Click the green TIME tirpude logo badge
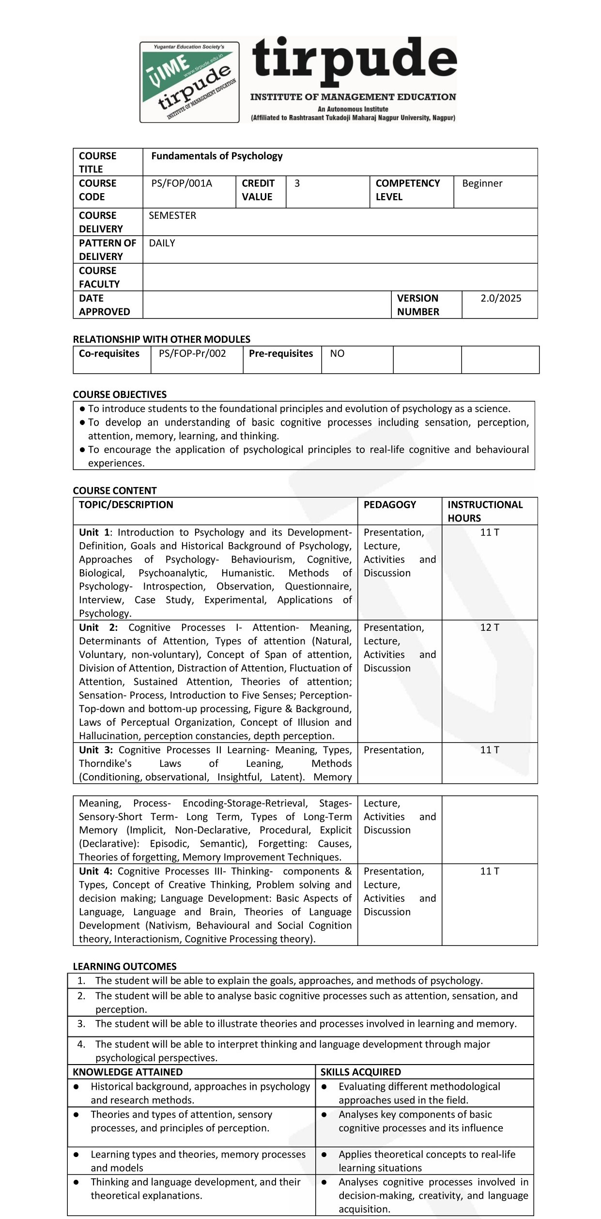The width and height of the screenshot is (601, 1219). (x=189, y=82)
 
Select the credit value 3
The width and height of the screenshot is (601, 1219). (x=297, y=183)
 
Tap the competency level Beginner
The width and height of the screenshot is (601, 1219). (x=482, y=183)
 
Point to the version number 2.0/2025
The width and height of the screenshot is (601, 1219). (x=500, y=298)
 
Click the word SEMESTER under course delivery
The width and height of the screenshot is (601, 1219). (x=172, y=215)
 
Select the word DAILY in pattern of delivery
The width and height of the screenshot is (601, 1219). (x=162, y=243)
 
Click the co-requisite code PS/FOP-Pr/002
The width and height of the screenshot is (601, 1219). (x=192, y=353)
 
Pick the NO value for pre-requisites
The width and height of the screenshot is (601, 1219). (x=337, y=353)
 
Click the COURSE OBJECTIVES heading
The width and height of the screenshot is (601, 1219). (x=120, y=394)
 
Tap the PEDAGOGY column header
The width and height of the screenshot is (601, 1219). (x=389, y=504)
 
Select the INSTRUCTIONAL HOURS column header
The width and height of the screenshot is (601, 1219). (x=484, y=511)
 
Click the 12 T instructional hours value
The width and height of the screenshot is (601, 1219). (x=489, y=627)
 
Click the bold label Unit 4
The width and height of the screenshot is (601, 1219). (x=95, y=871)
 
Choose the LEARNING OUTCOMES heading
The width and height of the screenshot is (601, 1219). (x=124, y=966)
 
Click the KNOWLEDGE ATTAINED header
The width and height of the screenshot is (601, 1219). (x=127, y=1072)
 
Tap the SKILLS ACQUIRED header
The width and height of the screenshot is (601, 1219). (x=360, y=1072)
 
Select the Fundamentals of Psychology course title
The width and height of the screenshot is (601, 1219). (x=216, y=156)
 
